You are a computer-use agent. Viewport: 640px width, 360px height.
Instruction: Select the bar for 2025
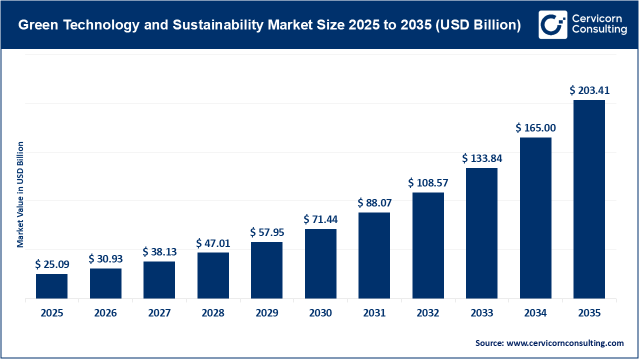point(51,286)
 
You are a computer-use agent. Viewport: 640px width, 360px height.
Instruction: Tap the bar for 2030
point(320,263)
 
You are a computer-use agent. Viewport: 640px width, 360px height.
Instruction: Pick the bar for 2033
point(481,233)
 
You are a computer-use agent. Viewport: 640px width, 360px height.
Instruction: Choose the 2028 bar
point(213,275)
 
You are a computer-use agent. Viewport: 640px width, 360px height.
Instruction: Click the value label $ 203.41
point(589,90)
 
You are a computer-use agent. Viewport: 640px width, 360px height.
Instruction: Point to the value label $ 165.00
point(535,128)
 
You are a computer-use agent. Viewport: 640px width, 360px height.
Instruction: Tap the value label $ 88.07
point(374,203)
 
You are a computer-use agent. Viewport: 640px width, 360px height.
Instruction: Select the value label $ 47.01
point(213,243)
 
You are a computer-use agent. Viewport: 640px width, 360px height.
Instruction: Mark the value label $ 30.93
point(105,259)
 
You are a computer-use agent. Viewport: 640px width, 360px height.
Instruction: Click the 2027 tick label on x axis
point(159,313)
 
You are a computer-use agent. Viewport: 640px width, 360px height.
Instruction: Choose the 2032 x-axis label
point(428,313)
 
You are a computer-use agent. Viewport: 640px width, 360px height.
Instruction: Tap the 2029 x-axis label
point(267,313)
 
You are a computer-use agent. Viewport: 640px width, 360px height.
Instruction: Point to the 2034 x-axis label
point(535,313)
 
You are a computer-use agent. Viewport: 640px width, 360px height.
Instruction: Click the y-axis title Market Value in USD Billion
point(20,194)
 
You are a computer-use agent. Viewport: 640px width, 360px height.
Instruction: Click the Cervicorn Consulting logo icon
point(552,24)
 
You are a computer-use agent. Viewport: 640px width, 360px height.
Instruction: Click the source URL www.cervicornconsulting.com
point(565,343)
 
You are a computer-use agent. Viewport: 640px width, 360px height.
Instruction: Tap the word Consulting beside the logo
point(598,30)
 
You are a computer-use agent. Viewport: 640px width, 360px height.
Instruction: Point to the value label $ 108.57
point(428,183)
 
